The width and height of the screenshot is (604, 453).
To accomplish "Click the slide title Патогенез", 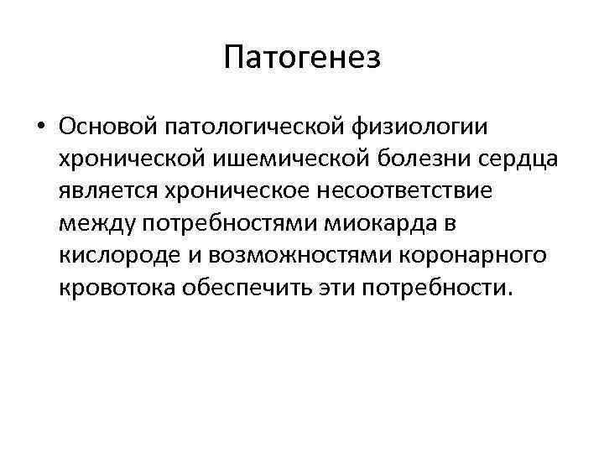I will pos(302,58).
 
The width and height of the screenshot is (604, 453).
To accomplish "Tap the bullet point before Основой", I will pos(40,127).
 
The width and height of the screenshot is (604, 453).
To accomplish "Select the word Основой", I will pos(111,127).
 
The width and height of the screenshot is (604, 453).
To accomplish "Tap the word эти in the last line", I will pos(339,289).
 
